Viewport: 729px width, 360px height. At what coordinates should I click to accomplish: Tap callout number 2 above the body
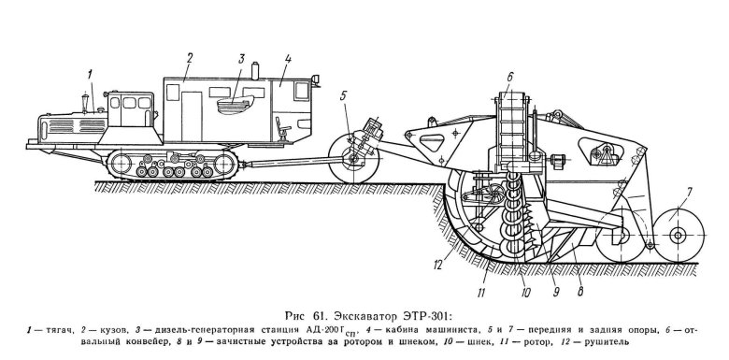188,57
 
